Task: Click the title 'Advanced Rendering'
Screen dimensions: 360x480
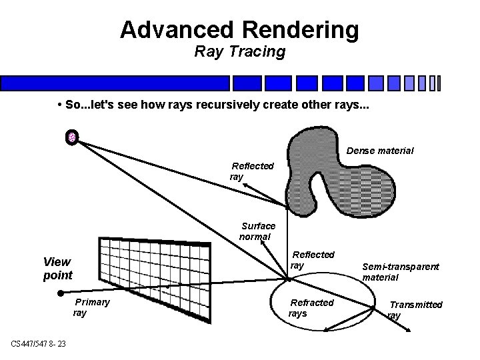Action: [240, 29]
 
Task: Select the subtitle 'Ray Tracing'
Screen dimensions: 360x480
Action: [240, 51]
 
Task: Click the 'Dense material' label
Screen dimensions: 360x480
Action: [380, 151]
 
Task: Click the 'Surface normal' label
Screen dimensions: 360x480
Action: [257, 231]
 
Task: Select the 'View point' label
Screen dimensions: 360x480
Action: [57, 268]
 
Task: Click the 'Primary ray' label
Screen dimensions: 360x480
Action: [91, 307]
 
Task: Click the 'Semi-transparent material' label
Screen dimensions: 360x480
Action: [400, 271]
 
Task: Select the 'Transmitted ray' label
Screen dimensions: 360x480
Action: [414, 309]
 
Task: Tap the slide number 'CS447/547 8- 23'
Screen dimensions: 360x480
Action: [39, 343]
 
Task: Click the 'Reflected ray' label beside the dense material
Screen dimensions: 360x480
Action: [251, 171]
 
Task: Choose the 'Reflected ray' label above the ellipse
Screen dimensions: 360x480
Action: [312, 259]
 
